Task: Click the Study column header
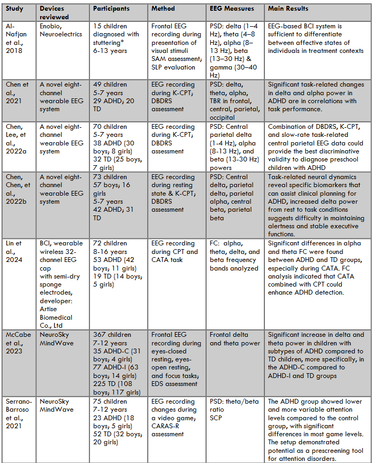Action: tap(14, 9)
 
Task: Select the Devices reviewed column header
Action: tap(55, 13)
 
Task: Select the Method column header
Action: tap(163, 9)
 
